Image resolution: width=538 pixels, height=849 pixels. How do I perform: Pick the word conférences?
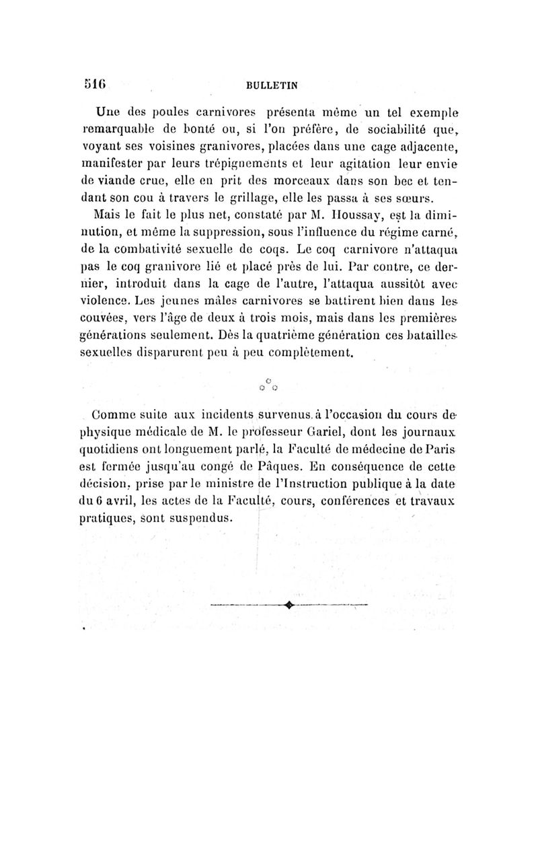point(385,501)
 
